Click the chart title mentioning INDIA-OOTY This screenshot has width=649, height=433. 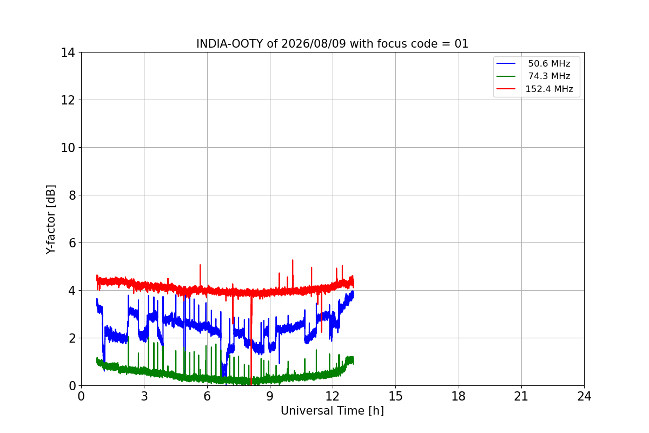[332, 44]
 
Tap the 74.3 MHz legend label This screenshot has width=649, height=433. [549, 76]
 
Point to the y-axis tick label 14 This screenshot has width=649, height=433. [68, 53]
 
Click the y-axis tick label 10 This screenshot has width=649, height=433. [68, 148]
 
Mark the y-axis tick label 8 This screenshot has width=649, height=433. [72, 195]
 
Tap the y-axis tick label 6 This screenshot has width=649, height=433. [72, 243]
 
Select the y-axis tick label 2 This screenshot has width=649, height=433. [72, 338]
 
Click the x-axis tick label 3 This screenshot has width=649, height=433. [144, 396]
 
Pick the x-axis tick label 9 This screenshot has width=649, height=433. [270, 396]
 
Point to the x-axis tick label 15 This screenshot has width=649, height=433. [396, 396]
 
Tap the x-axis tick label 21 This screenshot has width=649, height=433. [521, 396]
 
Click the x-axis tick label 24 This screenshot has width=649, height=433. [584, 396]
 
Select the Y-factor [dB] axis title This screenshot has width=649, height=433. [51, 220]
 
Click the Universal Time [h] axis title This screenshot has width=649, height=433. [332, 411]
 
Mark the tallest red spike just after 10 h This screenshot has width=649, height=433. [293, 260]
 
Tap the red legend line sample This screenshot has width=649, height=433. [506, 89]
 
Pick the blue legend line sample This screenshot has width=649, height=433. [506, 63]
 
